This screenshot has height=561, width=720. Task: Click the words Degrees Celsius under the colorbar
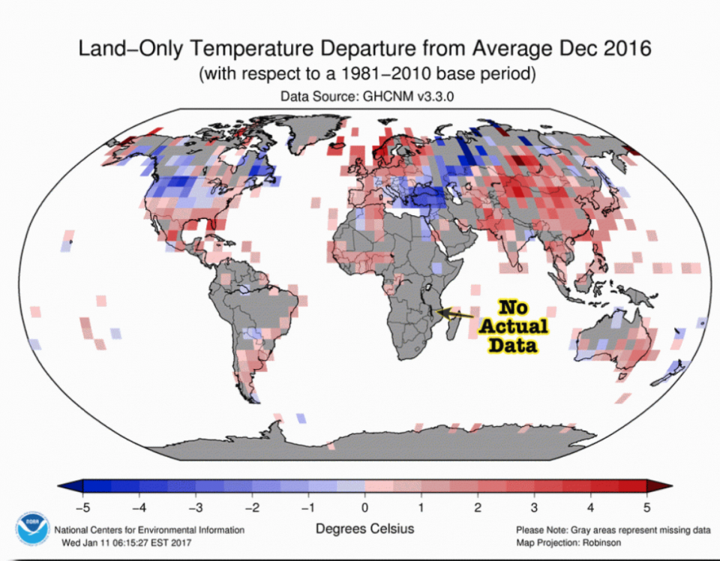click(364, 529)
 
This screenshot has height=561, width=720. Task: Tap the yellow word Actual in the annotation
click(514, 327)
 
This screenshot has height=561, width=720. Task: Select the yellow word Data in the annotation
click(513, 346)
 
